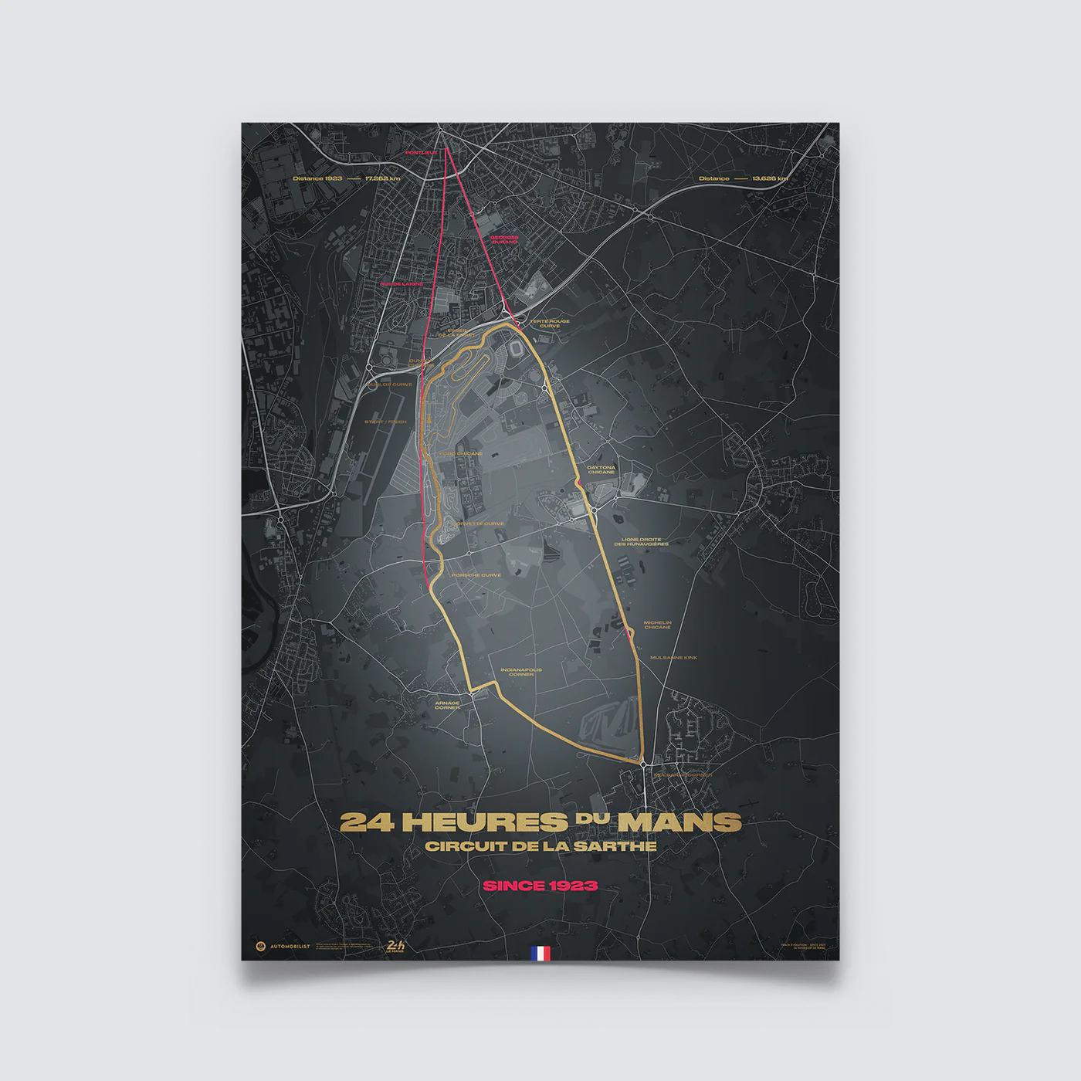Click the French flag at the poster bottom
[x=540, y=954]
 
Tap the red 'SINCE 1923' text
[x=540, y=885]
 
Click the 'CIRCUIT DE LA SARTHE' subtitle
[x=540, y=845]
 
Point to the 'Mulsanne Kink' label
[x=673, y=658]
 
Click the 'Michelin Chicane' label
[x=658, y=625]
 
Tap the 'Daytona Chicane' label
[x=601, y=469]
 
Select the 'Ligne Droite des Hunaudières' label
[x=642, y=542]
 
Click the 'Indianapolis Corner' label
[x=521, y=673]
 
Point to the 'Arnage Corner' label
[x=447, y=705]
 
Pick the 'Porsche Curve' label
[x=476, y=575]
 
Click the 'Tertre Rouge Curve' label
[x=550, y=324]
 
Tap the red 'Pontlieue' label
[x=422, y=153]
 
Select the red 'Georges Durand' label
[x=504, y=239]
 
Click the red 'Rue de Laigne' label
[x=402, y=284]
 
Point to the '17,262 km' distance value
[x=384, y=178]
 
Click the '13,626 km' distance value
[x=770, y=178]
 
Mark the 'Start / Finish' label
[x=386, y=422]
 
